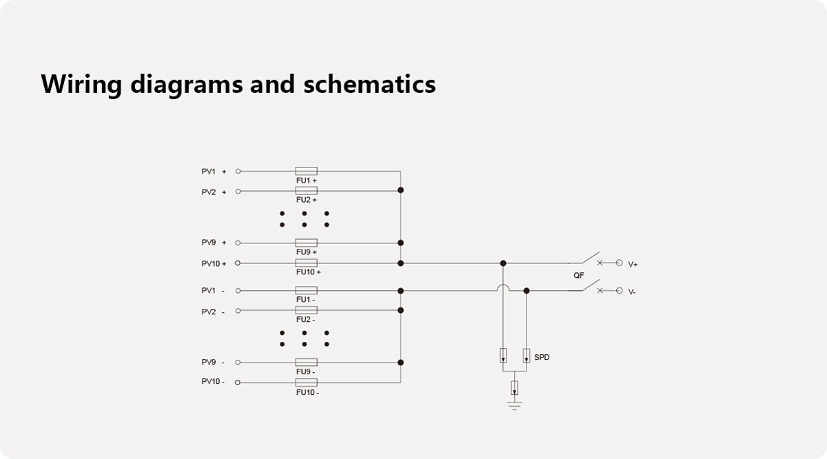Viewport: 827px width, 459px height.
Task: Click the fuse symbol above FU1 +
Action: point(306,171)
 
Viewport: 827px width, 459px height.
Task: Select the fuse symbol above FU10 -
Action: point(306,382)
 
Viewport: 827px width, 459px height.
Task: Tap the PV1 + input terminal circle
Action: point(238,172)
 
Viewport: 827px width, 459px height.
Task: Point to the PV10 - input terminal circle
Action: point(238,382)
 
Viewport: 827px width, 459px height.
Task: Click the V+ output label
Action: point(633,265)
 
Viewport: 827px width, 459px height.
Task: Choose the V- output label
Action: point(632,292)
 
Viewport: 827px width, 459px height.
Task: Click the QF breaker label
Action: point(578,276)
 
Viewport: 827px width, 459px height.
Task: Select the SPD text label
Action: point(542,357)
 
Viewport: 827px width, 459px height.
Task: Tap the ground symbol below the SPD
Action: point(514,406)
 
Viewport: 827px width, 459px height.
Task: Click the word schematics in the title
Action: point(369,84)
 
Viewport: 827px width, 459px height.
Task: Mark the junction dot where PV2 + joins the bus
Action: point(400,190)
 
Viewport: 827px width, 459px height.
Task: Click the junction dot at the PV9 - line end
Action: point(400,363)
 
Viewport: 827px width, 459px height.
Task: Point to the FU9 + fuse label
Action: point(307,252)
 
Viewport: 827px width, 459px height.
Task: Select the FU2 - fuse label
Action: point(306,319)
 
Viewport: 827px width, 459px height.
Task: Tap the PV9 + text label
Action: point(214,243)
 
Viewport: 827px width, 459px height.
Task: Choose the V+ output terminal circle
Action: point(619,263)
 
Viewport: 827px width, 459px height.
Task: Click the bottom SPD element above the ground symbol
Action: point(514,388)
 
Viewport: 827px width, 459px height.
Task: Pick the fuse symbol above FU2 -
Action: point(306,310)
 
